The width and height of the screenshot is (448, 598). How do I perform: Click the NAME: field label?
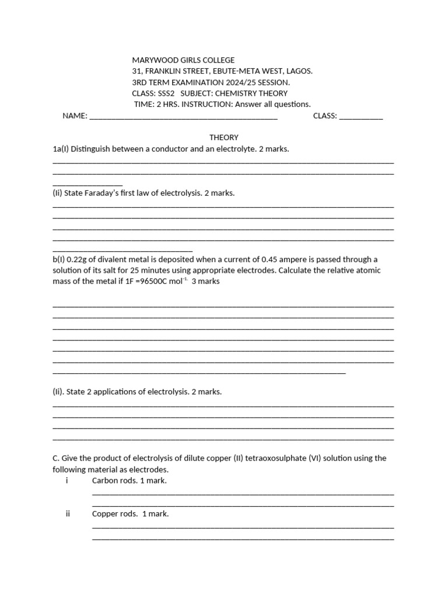coord(75,116)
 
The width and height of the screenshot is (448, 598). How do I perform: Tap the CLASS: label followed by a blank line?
coord(325,116)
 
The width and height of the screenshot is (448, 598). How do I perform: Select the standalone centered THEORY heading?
coord(224,138)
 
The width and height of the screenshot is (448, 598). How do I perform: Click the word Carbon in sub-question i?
coord(105,481)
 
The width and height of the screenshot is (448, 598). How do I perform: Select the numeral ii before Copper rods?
coord(68,514)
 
